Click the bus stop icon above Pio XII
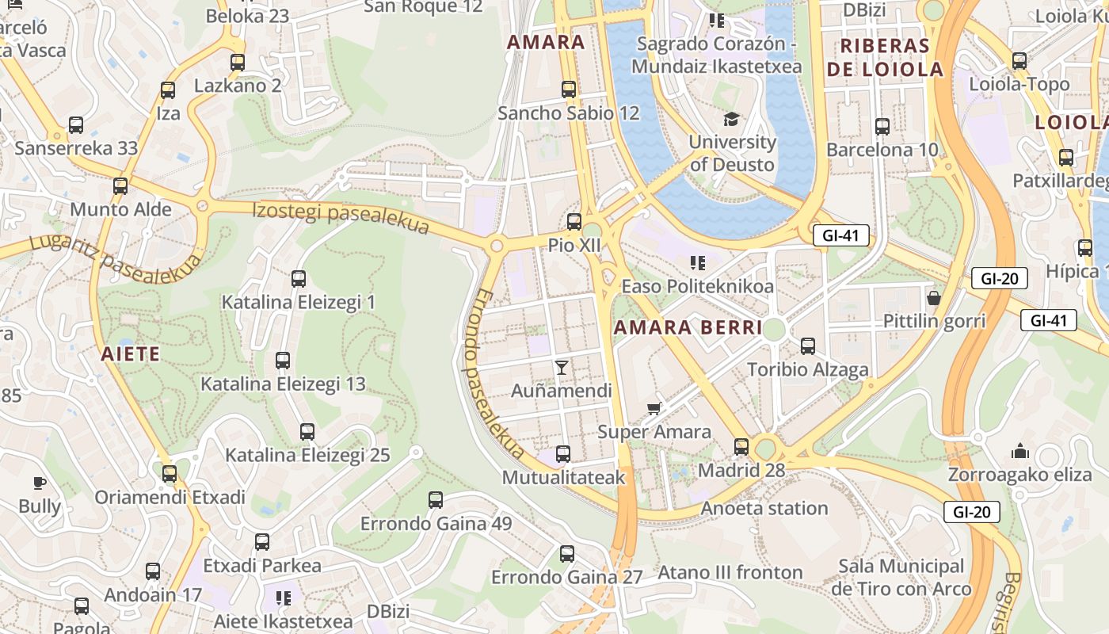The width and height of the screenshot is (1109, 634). [x=574, y=222]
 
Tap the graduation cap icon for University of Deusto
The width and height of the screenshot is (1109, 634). [x=731, y=119]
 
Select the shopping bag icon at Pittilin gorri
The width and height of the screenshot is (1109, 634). [x=934, y=298]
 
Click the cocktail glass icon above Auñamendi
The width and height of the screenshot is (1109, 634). [x=562, y=367]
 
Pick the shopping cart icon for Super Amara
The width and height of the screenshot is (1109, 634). [x=654, y=409]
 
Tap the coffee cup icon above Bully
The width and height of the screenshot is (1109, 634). [x=40, y=482]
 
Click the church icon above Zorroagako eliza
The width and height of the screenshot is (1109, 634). [x=1020, y=451]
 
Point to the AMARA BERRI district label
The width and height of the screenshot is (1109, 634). [x=688, y=327]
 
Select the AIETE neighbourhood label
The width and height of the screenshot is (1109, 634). [x=131, y=353]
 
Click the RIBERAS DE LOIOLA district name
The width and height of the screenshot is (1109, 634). [x=885, y=57]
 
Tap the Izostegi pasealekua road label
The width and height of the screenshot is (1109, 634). [x=341, y=219]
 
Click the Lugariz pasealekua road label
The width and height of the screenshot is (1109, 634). [x=115, y=258]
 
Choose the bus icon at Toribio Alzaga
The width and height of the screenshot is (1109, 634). [x=808, y=346]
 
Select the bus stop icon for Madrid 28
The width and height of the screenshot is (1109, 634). [x=741, y=447]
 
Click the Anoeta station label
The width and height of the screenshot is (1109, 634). [x=764, y=508]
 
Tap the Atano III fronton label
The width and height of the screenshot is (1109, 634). [x=730, y=572]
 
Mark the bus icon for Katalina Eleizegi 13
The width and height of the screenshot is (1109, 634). [x=283, y=361]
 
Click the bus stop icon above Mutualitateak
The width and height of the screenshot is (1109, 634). [x=563, y=454]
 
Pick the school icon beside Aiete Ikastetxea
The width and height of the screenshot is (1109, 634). [x=283, y=598]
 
